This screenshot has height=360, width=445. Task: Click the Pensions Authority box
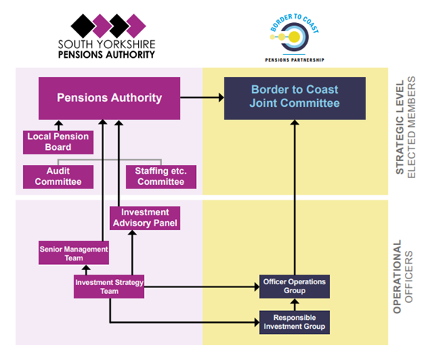(x=109, y=98)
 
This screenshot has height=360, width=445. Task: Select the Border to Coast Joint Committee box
(x=295, y=98)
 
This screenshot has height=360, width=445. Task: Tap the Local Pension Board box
(x=58, y=143)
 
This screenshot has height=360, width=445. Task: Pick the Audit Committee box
(x=58, y=177)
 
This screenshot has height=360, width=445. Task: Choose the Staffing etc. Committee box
(x=161, y=177)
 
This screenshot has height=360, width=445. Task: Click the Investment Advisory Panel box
(x=145, y=218)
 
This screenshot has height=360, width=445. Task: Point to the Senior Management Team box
(x=74, y=253)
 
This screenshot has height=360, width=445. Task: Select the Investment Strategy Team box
(x=109, y=287)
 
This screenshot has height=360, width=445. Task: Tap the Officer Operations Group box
(x=295, y=287)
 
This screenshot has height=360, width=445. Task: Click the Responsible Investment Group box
(x=295, y=322)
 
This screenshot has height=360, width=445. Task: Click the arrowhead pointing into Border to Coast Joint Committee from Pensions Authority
(x=221, y=97)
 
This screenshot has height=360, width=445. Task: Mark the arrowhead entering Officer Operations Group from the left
(x=257, y=287)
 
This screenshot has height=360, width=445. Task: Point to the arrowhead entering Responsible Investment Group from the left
(x=257, y=322)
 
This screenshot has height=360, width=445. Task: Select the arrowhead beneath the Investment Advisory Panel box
(x=132, y=233)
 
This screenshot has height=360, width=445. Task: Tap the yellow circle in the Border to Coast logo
(x=294, y=37)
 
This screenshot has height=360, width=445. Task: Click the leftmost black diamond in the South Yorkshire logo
(x=83, y=26)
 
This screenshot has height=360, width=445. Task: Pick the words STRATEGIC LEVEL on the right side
(x=400, y=127)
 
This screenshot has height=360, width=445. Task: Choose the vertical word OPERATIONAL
(x=397, y=277)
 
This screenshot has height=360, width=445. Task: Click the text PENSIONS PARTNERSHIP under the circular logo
(x=295, y=60)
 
